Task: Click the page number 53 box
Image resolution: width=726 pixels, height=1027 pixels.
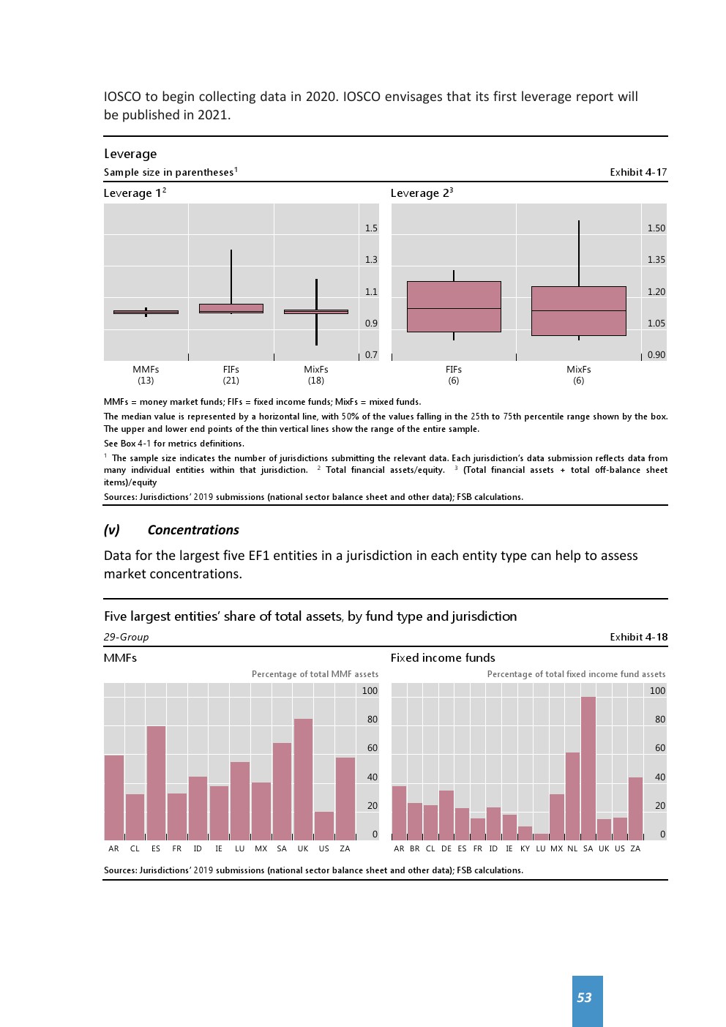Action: [x=587, y=1000]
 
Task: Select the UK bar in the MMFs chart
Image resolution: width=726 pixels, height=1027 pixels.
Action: [x=303, y=779]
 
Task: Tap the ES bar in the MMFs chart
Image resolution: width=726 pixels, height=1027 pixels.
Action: [x=156, y=783]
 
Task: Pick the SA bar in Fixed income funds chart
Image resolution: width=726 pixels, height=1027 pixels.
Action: [x=588, y=768]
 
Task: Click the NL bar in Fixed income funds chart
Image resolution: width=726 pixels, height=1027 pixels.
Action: [x=572, y=796]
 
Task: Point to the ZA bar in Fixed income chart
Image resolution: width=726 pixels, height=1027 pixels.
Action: [x=635, y=808]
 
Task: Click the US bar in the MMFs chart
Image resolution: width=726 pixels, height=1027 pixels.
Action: [x=323, y=825]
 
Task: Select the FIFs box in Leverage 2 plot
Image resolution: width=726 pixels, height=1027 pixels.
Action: [x=454, y=307]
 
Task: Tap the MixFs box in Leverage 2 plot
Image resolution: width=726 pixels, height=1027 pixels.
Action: [x=578, y=311]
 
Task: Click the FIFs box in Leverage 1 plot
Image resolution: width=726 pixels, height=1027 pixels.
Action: [x=231, y=308]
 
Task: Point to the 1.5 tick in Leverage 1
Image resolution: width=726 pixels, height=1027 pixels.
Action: [x=371, y=228]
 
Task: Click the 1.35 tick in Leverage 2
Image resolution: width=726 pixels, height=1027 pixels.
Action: [x=656, y=260]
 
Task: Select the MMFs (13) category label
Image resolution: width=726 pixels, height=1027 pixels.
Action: [x=146, y=375]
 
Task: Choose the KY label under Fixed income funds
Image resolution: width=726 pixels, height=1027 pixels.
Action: [x=525, y=849]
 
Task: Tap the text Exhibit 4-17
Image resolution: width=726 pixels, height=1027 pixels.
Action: [x=638, y=172]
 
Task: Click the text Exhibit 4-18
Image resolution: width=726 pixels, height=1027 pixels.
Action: [x=638, y=637]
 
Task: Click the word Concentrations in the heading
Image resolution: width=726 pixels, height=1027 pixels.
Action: [x=193, y=530]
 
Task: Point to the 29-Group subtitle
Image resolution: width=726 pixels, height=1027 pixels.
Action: [x=126, y=637]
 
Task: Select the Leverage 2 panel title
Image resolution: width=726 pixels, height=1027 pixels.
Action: [x=422, y=193]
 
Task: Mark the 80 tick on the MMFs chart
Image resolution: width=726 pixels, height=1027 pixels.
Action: [x=372, y=720]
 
